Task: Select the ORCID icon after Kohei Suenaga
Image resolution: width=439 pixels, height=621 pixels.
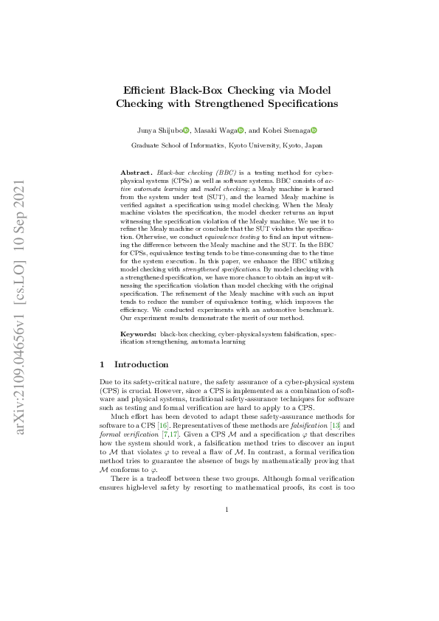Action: point(313,131)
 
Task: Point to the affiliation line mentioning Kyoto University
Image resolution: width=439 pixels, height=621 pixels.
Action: point(227,146)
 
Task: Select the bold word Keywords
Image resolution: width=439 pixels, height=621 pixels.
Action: point(138,334)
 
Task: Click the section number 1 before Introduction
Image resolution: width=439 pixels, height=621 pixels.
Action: point(102,364)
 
